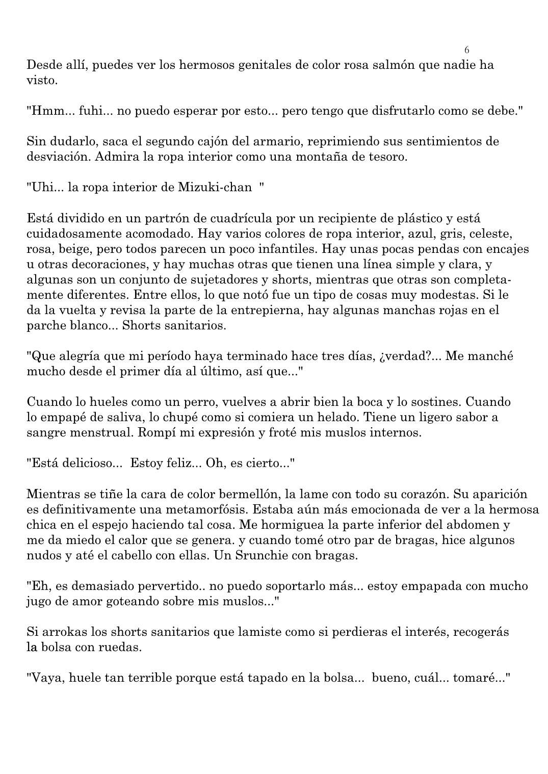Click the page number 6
(x=467, y=50)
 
